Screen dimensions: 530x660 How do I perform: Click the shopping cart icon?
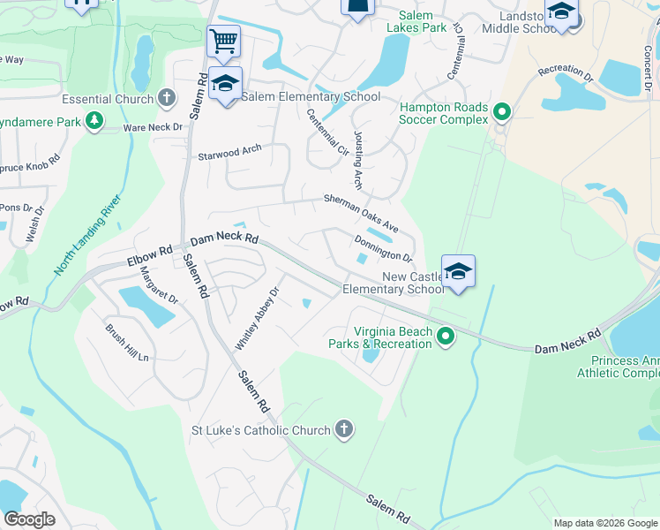coord(223,41)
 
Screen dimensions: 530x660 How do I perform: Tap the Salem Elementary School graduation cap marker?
coord(226,83)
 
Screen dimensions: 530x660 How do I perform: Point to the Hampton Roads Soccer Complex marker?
coord(502,112)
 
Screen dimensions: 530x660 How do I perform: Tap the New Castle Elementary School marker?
coord(458,272)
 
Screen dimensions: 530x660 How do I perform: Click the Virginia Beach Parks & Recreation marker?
coord(446,336)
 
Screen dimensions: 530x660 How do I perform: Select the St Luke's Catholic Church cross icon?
coord(344,430)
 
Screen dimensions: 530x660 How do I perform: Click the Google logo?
coord(29,519)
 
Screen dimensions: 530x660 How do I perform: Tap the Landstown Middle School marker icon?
coord(560,12)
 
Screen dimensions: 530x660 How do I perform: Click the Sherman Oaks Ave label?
coord(362,214)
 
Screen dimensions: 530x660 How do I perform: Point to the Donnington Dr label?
coord(384,248)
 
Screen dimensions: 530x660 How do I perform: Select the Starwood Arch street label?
coord(229,153)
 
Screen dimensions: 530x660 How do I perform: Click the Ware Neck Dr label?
coord(153,127)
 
